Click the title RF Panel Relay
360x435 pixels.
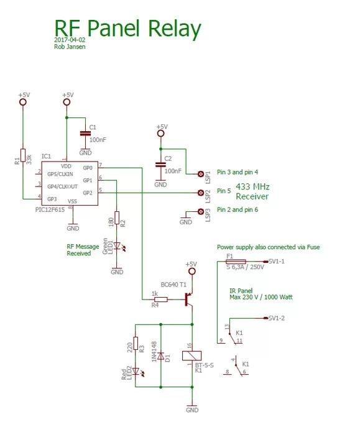(x=127, y=29)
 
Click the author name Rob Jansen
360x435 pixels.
(x=70, y=47)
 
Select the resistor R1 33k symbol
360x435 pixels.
(x=23, y=156)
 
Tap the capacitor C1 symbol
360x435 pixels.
(x=85, y=133)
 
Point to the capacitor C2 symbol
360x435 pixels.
(x=160, y=165)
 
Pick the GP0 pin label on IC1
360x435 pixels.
(x=87, y=168)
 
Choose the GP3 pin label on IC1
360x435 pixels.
(x=52, y=199)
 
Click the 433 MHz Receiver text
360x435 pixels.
(x=252, y=191)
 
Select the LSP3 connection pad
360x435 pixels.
(x=200, y=212)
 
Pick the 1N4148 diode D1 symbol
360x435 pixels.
(x=161, y=357)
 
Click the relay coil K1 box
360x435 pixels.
(x=191, y=355)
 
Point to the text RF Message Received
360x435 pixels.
(x=83, y=250)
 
